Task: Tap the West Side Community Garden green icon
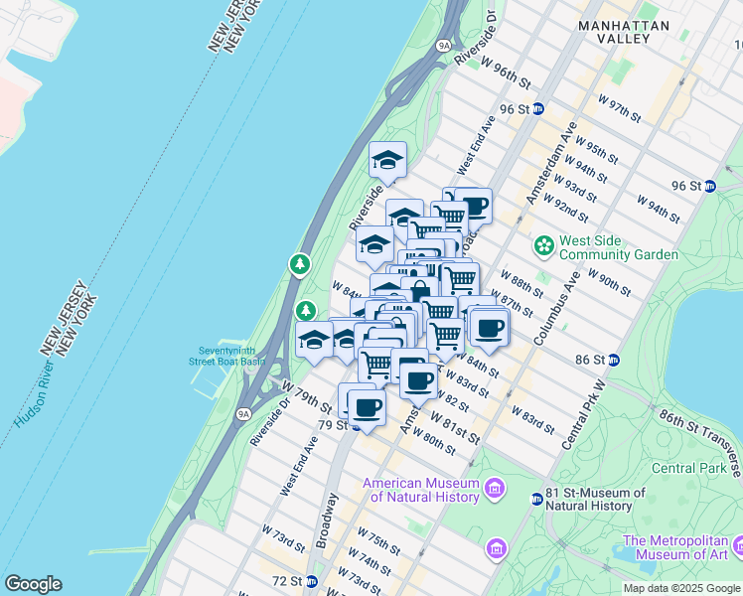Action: point(543,244)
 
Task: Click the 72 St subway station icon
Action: point(312,581)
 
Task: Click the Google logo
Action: point(33,584)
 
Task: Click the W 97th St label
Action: point(620,108)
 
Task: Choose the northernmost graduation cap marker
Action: point(388,159)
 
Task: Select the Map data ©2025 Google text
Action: point(680,588)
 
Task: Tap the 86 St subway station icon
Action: point(614,360)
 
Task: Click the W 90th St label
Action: point(609,282)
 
